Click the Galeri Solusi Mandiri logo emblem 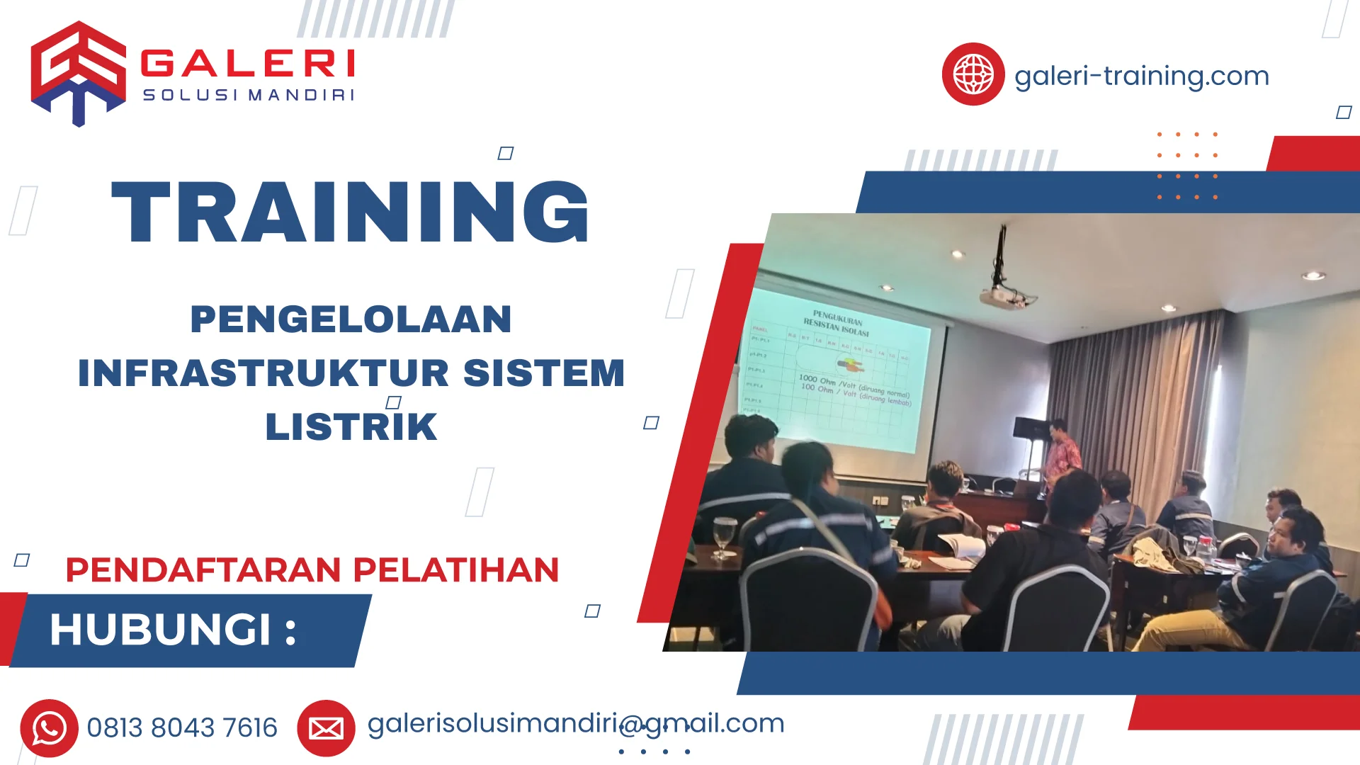pos(78,73)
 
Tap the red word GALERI pos(248,64)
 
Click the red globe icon pos(973,74)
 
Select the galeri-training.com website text pos(1141,76)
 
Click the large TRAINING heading pos(351,212)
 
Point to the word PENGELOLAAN pos(351,319)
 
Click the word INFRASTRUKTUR pos(263,373)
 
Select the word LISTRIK pos(351,427)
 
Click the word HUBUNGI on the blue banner pos(161,630)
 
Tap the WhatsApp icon pos(49,728)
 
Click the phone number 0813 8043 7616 pos(182,728)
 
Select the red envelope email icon pos(326,728)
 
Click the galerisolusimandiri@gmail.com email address pos(575,724)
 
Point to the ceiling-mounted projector pos(1004,297)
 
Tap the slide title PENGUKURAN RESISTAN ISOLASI pos(837,322)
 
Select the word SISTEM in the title pos(543,373)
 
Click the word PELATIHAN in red pos(456,570)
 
